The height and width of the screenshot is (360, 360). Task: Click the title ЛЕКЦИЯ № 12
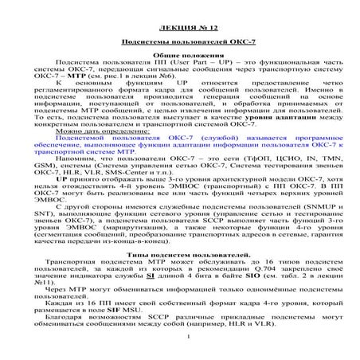tap(181, 28)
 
